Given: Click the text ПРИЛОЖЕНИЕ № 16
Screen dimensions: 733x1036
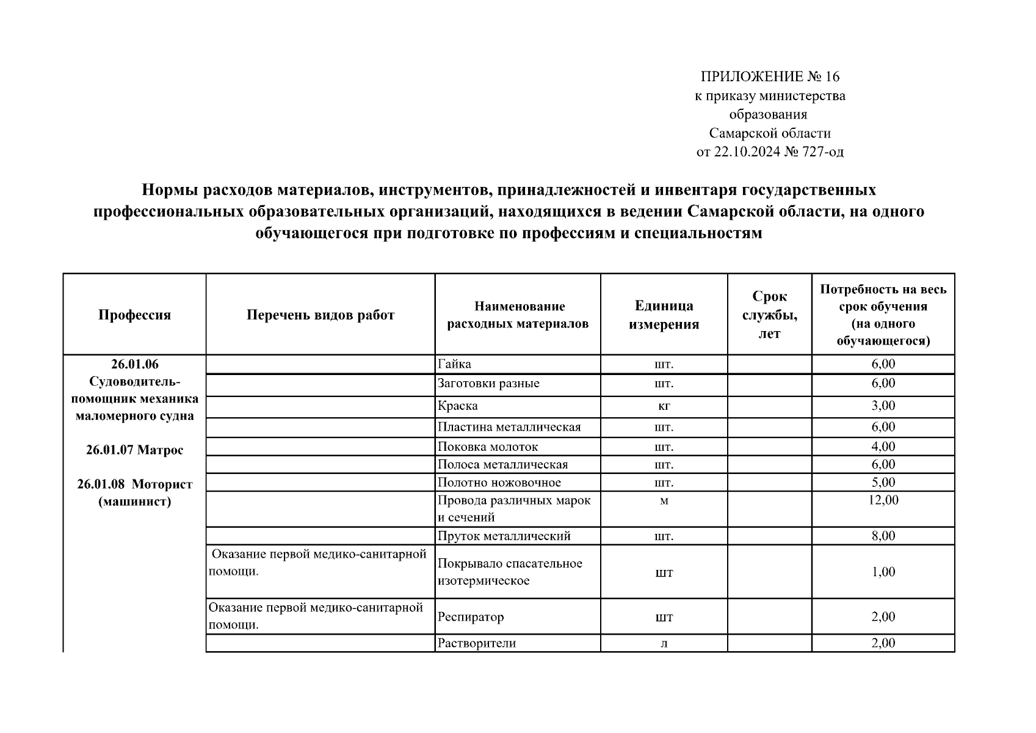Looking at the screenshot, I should [770, 77].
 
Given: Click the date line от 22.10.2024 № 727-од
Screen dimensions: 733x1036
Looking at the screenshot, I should [770, 152].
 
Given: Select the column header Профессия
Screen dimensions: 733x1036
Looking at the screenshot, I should [134, 315].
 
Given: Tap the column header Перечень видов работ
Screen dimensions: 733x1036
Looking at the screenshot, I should [321, 315].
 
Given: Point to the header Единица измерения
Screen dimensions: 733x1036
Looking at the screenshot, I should [664, 315].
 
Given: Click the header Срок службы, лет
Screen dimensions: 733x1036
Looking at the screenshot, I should [769, 315].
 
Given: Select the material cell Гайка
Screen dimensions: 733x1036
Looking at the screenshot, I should [455, 365].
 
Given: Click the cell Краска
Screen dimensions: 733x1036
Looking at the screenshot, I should [458, 406].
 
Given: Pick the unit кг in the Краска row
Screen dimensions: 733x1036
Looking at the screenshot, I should [664, 406].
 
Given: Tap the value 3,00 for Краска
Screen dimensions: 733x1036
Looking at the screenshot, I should [883, 406].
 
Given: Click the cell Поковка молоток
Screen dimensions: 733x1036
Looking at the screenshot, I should [488, 447].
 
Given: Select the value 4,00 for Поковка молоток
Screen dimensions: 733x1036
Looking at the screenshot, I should [883, 447].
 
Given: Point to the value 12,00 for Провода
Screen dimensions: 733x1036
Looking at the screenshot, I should [883, 500].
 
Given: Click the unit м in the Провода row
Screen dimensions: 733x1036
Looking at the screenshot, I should [664, 501].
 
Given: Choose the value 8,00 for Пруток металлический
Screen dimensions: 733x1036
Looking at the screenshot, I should [883, 536].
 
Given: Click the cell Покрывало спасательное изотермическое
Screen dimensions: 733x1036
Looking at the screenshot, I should [510, 572].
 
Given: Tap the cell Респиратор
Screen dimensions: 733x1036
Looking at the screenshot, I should [471, 617].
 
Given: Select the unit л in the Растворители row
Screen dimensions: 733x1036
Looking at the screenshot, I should [664, 644].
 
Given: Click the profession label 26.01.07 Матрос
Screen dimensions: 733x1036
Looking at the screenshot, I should [134, 451].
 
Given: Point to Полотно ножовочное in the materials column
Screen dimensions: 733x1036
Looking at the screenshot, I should [499, 483].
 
